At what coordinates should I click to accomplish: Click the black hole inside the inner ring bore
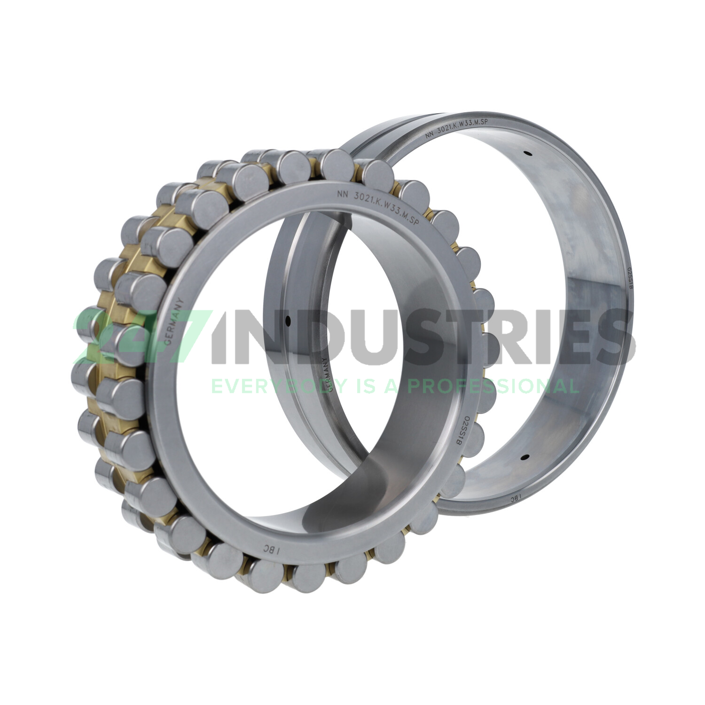pyautogui.click(x=288, y=321)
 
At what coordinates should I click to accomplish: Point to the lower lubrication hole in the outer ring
pyautogui.click(x=526, y=456)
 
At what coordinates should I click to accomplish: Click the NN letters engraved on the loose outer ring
pyautogui.click(x=430, y=135)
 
